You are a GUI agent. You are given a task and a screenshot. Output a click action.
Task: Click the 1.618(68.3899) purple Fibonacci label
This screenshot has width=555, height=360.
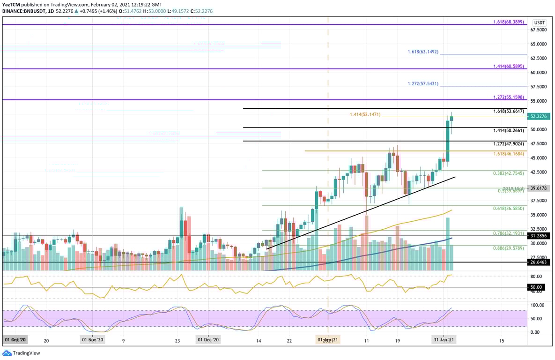[509, 22]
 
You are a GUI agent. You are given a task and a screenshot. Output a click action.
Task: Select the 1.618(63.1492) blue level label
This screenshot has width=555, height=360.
[422, 52]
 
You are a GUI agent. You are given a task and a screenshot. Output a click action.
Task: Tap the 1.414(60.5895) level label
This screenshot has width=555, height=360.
[509, 67]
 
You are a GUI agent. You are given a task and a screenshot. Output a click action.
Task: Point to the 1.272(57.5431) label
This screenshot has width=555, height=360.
[422, 83]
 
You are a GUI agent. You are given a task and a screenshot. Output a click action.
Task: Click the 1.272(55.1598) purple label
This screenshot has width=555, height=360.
[509, 97]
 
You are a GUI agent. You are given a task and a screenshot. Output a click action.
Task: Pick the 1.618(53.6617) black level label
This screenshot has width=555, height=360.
[509, 111]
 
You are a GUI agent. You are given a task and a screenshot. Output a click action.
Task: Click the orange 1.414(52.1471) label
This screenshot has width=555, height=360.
[365, 114]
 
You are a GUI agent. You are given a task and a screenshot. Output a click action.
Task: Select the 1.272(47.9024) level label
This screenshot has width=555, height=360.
[509, 144]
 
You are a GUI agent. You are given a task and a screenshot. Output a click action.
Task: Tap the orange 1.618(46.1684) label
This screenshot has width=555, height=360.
[509, 154]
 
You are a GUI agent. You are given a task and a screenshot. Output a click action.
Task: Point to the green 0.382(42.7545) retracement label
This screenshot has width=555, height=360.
[509, 173]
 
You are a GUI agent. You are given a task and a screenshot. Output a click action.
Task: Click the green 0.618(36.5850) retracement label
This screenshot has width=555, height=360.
[509, 208]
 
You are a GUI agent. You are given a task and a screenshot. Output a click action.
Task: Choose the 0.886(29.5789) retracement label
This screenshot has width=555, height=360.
[509, 248]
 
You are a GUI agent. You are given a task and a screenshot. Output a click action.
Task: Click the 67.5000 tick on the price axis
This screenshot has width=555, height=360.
[538, 30]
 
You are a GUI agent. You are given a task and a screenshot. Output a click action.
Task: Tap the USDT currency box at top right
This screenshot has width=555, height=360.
[540, 22]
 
